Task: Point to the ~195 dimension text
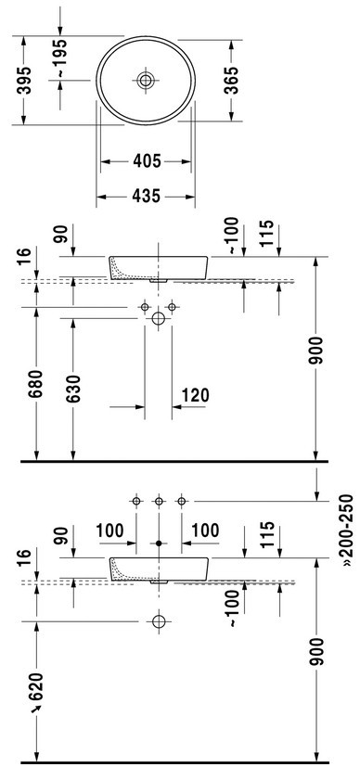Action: [60, 58]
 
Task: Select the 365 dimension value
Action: [232, 80]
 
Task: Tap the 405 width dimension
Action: [147, 161]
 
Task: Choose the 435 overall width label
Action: [147, 196]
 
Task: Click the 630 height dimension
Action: [73, 389]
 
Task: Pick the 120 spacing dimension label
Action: [196, 395]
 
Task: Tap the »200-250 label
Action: [347, 531]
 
